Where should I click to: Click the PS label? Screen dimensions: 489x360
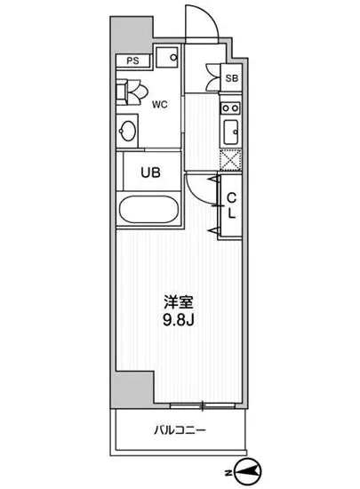tap(132, 61)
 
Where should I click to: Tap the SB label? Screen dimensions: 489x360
tap(231, 78)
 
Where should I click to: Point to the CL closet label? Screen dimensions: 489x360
tap(229, 206)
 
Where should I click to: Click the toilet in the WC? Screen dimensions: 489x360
tap(132, 92)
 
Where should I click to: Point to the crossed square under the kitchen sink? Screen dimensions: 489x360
tap(229, 160)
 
